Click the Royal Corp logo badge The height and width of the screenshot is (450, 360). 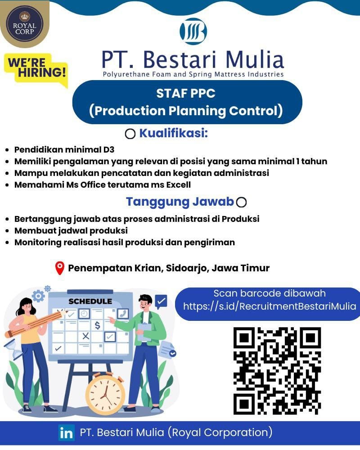(25, 24)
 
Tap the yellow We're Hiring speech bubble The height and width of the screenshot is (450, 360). (36, 70)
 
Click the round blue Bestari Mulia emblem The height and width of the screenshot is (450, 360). (193, 31)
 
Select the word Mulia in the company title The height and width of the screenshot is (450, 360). (255, 60)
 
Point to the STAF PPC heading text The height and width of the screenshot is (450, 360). (186, 93)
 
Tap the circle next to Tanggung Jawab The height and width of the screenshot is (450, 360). (241, 202)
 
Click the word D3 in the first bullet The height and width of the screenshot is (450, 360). (109, 149)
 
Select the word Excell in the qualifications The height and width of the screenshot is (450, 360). (179, 184)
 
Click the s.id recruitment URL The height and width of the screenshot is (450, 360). (270, 306)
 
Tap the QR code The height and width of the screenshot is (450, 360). (277, 371)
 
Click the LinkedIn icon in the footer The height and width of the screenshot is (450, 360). (66, 432)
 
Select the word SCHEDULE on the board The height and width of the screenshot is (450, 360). (90, 301)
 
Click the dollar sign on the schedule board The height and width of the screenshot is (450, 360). (97, 325)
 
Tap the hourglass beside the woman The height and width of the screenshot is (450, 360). (13, 349)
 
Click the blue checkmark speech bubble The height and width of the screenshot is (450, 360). (161, 301)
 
